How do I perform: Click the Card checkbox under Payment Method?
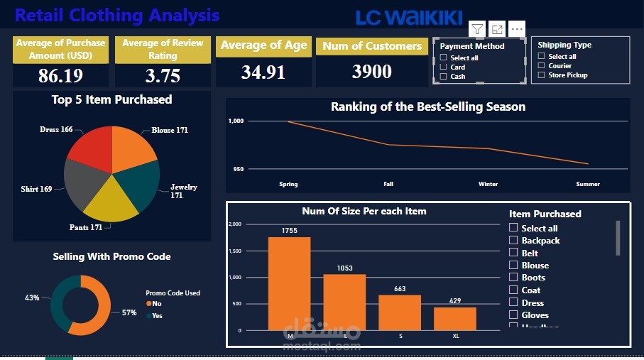[x=443, y=67]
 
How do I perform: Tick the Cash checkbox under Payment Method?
[x=443, y=77]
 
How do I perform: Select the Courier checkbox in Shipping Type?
[x=541, y=66]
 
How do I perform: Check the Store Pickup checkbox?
[x=541, y=75]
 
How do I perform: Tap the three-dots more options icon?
[x=517, y=29]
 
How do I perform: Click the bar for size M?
[x=289, y=283]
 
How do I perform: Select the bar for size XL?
[x=455, y=319]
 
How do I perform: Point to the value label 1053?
[x=344, y=268]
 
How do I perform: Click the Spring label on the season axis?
[x=288, y=184]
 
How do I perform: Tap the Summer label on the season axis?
[x=588, y=184]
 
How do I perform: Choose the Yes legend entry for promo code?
[x=157, y=315]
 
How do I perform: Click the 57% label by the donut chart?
[x=129, y=312]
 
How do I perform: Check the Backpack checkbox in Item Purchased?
[x=513, y=241]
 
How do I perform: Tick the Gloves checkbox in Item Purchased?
[x=513, y=315]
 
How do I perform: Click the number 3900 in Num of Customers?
[x=372, y=72]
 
